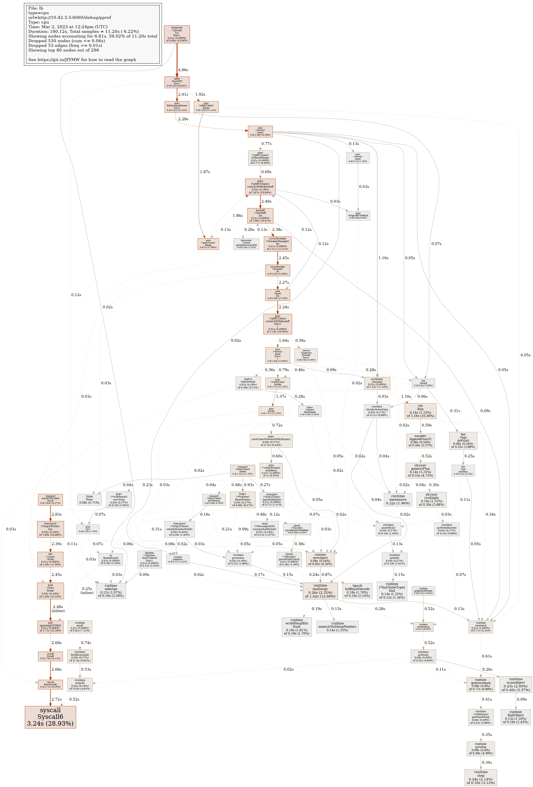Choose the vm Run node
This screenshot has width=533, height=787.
point(420,411)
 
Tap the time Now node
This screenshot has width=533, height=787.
point(89,499)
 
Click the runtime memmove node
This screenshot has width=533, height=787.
point(398,499)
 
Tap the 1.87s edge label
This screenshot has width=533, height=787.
point(205,172)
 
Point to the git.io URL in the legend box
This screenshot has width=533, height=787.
point(82,60)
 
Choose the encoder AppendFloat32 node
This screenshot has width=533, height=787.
point(420,441)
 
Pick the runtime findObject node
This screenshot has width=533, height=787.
point(515,717)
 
